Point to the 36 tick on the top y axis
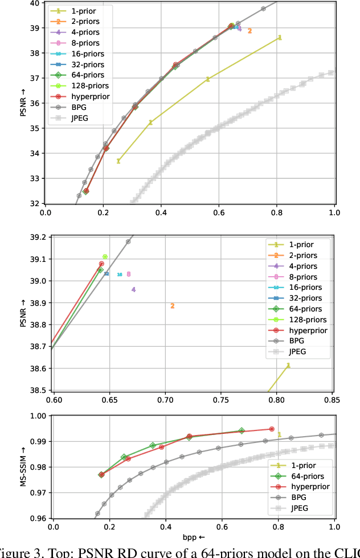coord(35,103)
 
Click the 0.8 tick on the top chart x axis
coord(276,213)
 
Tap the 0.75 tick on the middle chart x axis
coord(220,400)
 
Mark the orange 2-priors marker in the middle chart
coord(172,306)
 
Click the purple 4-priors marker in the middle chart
coord(133,289)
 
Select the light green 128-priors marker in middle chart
coord(105,257)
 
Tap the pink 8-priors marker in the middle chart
coord(129,274)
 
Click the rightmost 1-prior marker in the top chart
coord(280,38)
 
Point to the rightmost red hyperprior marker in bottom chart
coord(272,429)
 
